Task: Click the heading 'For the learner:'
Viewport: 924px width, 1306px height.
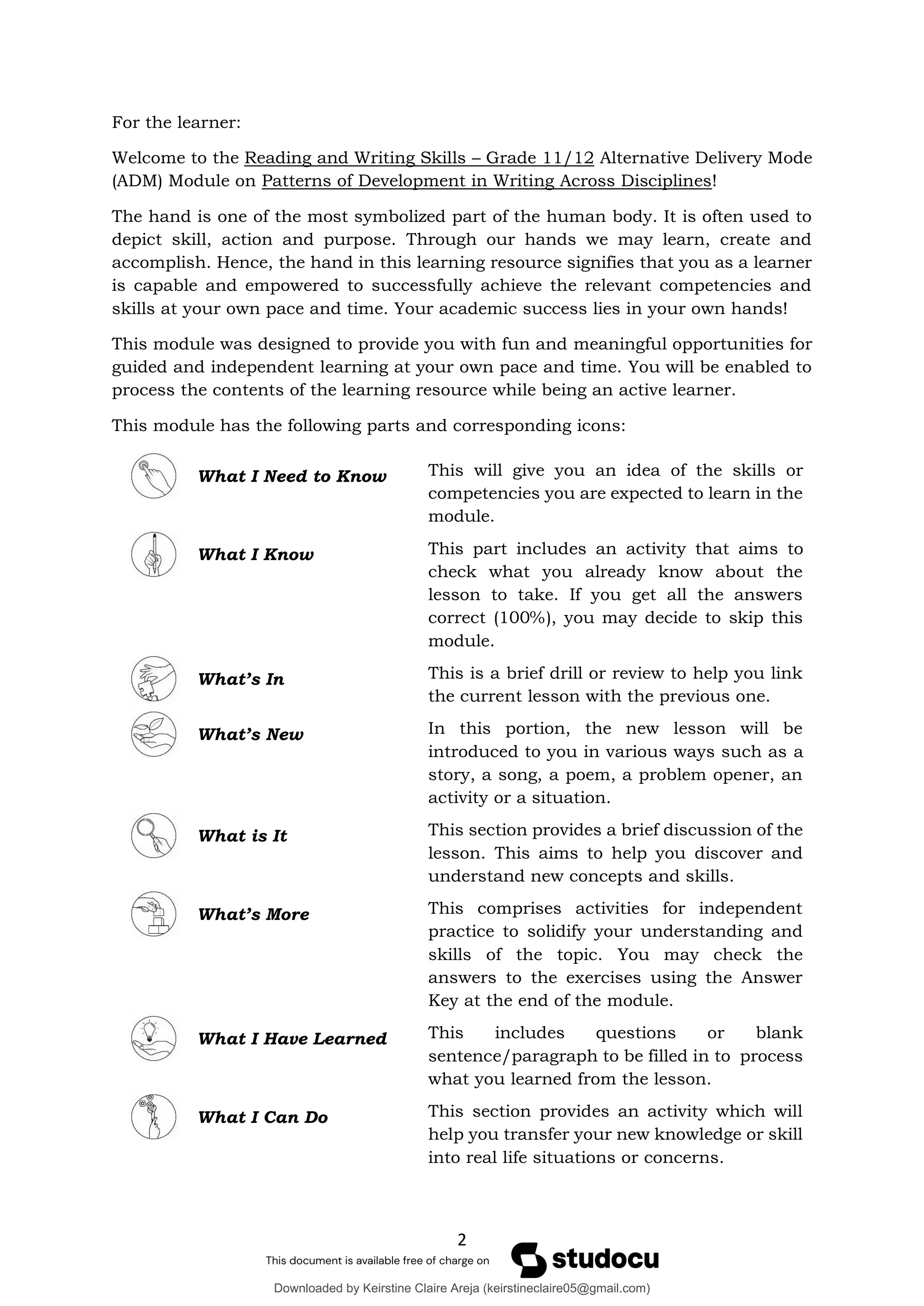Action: tap(176, 122)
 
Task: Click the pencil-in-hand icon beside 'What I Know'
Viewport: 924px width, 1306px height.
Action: tap(153, 554)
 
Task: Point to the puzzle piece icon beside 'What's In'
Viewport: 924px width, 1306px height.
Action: tap(153, 679)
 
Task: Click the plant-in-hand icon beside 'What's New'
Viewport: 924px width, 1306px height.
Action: tap(153, 734)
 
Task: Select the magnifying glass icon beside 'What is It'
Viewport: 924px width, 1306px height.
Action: tap(153, 835)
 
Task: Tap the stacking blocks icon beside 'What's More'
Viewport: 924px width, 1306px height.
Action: tap(153, 914)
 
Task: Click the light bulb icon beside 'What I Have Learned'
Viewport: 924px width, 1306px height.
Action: tap(153, 1038)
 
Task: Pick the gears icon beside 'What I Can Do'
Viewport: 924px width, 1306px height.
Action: tap(153, 1117)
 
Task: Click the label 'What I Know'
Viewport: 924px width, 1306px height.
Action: tap(255, 555)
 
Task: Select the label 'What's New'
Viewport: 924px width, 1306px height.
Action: tap(250, 734)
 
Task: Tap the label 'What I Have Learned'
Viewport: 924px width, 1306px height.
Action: tap(292, 1039)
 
